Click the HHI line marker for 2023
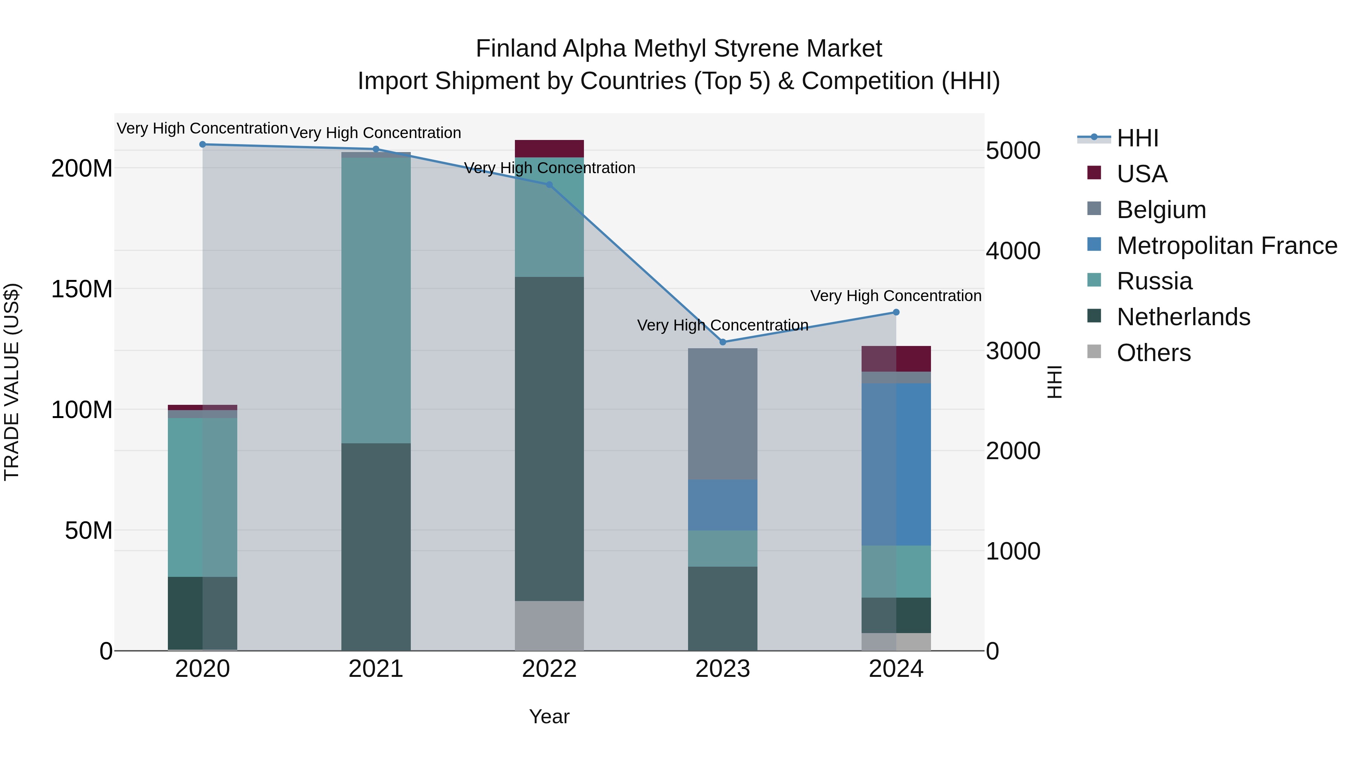pyautogui.click(x=723, y=342)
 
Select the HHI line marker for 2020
pyautogui.click(x=203, y=144)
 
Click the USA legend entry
pyautogui.click(x=1141, y=174)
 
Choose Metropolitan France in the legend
pyautogui.click(x=1226, y=245)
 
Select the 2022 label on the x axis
pyautogui.click(x=549, y=669)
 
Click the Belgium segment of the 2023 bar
pyautogui.click(x=722, y=414)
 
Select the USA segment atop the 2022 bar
pyautogui.click(x=549, y=149)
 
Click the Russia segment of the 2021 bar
pyautogui.click(x=376, y=301)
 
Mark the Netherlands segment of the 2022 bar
pyautogui.click(x=549, y=439)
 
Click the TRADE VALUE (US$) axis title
pyautogui.click(x=12, y=382)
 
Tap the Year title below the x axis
pyautogui.click(x=549, y=716)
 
